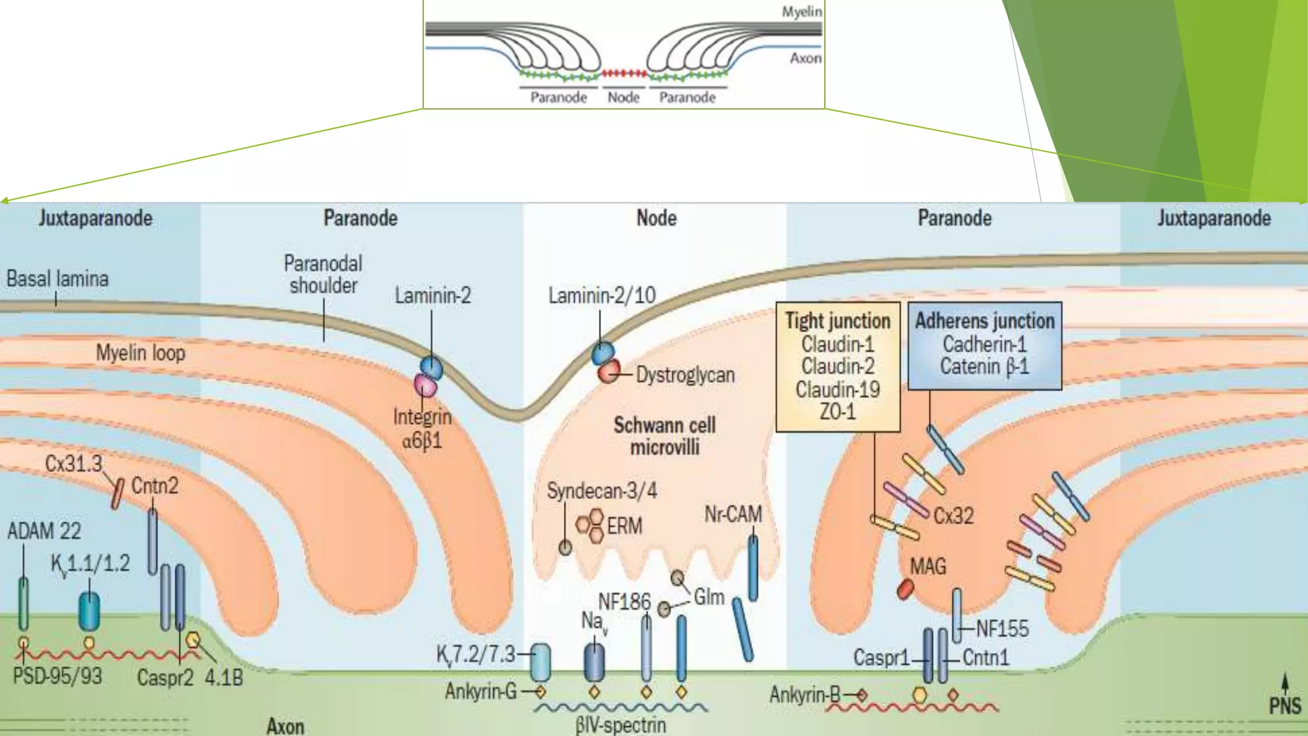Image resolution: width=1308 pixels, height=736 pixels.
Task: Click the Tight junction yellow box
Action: (x=837, y=367)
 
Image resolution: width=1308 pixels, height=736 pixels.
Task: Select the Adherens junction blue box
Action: (x=984, y=345)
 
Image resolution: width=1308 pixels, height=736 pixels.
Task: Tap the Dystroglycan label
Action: (x=685, y=374)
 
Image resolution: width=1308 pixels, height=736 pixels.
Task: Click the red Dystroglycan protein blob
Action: (x=609, y=371)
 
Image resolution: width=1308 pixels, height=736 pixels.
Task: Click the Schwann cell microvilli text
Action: (x=664, y=436)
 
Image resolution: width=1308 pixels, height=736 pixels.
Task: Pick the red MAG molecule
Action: (x=905, y=588)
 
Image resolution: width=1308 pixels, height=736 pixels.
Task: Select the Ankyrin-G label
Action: (x=480, y=691)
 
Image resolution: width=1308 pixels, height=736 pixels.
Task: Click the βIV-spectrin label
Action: (x=621, y=725)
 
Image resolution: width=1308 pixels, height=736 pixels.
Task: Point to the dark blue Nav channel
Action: (x=594, y=662)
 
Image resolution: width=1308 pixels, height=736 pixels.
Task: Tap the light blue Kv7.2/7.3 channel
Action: (x=540, y=662)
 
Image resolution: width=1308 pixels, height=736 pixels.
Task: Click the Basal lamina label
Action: (x=57, y=279)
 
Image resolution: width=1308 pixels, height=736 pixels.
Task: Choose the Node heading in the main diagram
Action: (x=656, y=218)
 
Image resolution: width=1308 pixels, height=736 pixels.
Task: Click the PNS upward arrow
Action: (x=1284, y=683)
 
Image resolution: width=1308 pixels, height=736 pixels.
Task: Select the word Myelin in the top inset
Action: (x=802, y=11)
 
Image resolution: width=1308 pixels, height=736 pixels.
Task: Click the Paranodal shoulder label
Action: (x=323, y=274)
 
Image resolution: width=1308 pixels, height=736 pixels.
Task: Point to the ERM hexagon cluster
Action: (x=589, y=525)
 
